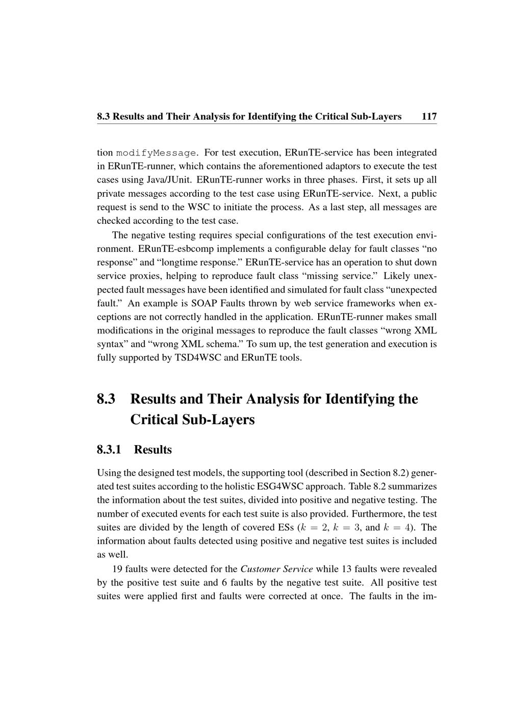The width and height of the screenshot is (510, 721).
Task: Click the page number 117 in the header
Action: [429, 116]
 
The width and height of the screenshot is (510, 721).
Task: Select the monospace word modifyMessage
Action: [156, 152]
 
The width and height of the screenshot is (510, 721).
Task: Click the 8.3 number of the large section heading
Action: [106, 399]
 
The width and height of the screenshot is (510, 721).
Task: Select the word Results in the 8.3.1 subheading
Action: [153, 450]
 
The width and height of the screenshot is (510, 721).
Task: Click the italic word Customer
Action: [260, 569]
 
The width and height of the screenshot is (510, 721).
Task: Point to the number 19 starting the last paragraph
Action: [117, 569]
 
